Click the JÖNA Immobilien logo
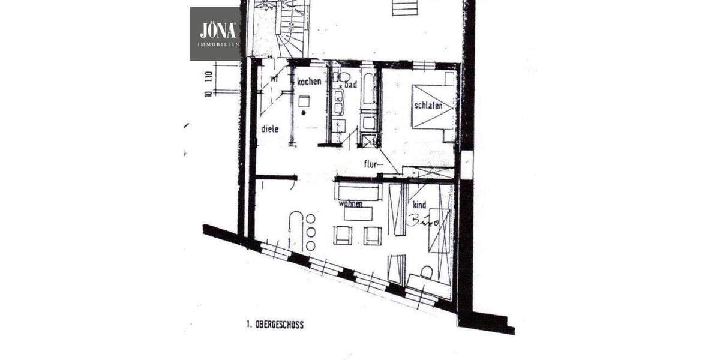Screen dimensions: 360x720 click(x=215, y=34)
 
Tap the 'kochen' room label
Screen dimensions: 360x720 click(x=310, y=82)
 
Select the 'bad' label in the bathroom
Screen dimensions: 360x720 click(x=351, y=85)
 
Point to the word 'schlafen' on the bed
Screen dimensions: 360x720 click(x=428, y=106)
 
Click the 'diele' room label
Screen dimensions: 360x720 click(x=269, y=128)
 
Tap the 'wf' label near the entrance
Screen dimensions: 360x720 click(x=273, y=79)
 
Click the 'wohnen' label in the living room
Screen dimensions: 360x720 click(x=351, y=204)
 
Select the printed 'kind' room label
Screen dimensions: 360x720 click(x=419, y=205)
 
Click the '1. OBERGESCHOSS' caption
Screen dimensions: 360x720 click(x=275, y=325)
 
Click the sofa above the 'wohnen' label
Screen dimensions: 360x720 click(x=359, y=192)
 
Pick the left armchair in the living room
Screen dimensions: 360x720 click(x=343, y=235)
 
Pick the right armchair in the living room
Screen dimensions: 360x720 click(x=372, y=235)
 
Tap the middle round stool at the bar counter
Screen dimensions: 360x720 click(x=311, y=232)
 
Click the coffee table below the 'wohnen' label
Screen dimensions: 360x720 click(x=358, y=214)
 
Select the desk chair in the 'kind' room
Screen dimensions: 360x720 click(x=427, y=273)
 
